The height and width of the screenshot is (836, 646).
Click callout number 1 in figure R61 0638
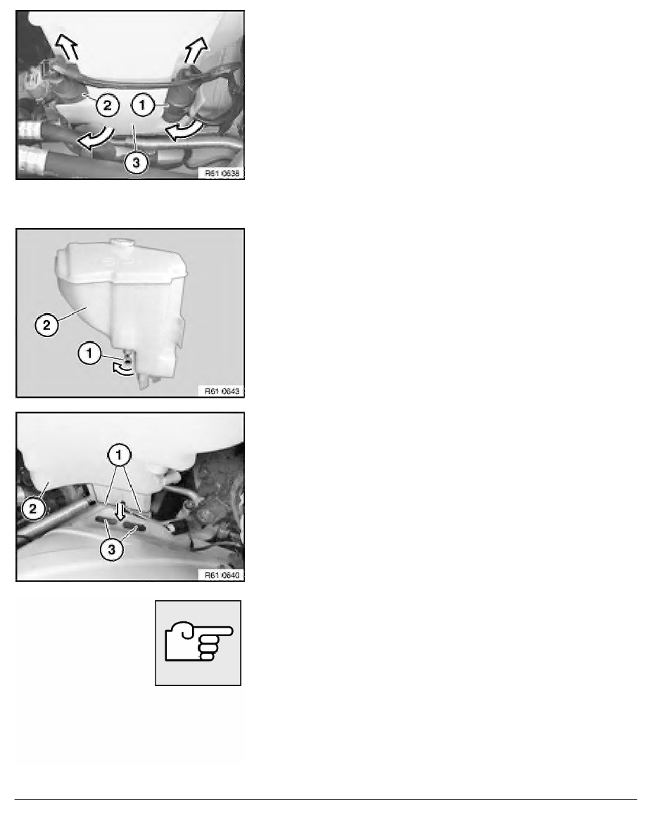tap(141, 104)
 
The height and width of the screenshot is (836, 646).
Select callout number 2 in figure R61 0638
tap(107, 106)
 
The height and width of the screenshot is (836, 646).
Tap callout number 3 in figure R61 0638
tap(135, 162)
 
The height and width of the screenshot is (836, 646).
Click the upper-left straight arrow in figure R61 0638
tap(68, 46)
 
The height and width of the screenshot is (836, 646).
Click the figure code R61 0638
tap(222, 172)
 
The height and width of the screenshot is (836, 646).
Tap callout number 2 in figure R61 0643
tap(46, 324)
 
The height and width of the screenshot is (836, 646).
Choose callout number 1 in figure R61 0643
tap(89, 353)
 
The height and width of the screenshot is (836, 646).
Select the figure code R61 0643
tap(222, 391)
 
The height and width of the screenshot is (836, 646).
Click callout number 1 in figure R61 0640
tap(118, 455)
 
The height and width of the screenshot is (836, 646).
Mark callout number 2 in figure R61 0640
tap(32, 509)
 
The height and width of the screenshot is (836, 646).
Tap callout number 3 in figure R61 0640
tap(111, 549)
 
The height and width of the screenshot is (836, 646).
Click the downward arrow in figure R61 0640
tap(120, 511)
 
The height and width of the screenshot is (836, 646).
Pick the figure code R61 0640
tap(222, 576)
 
